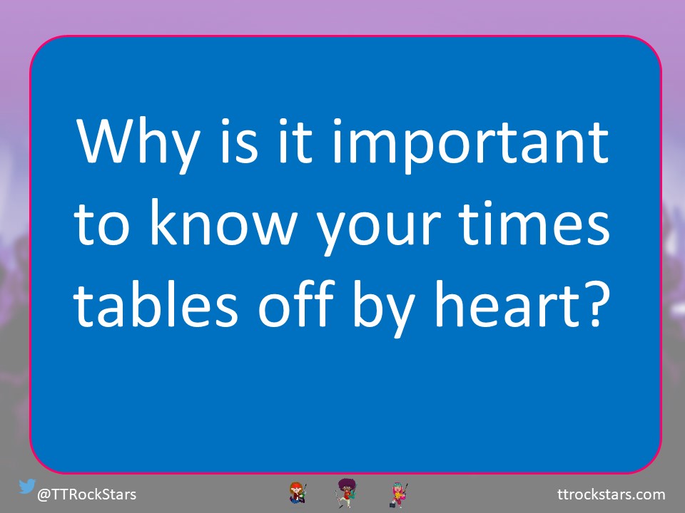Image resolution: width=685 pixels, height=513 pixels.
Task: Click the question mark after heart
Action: [597, 306]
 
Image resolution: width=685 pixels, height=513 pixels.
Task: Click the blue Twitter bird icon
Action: [27, 487]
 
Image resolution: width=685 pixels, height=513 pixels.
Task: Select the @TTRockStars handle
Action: [87, 494]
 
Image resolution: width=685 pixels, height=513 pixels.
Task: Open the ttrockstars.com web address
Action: [612, 494]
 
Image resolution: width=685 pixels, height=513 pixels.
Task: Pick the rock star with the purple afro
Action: [347, 493]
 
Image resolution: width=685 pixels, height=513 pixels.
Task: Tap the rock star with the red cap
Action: [298, 493]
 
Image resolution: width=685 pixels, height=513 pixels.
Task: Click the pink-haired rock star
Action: [399, 494]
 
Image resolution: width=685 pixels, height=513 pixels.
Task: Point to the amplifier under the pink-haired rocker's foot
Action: [392, 504]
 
